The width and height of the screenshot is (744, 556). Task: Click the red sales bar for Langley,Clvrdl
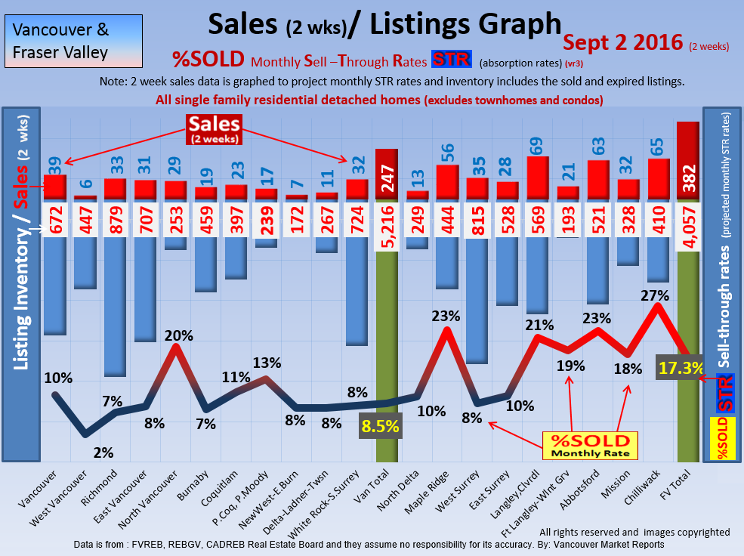538,178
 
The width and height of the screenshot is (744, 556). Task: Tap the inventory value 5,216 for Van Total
387,219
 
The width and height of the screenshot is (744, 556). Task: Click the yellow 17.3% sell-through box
681,368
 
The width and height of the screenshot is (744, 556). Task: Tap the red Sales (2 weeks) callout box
215,128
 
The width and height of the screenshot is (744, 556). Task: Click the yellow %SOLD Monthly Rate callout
590,446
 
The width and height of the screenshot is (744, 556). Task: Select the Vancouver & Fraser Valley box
61,42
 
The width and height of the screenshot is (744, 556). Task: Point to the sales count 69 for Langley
538,145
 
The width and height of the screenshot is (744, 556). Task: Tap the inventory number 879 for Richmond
115,219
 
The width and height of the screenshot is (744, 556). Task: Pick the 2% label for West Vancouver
103,453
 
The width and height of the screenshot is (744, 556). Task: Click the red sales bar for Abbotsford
598,180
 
